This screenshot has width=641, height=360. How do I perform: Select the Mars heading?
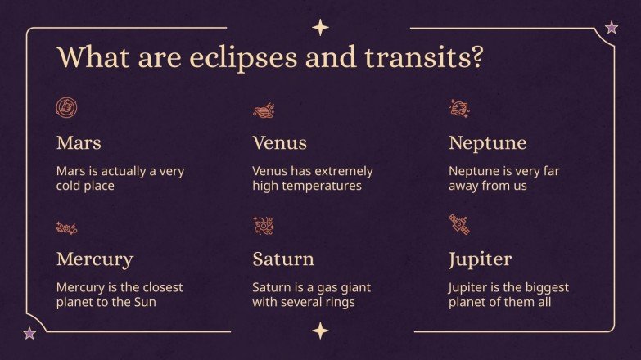[79, 143]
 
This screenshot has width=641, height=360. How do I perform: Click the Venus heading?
[279, 143]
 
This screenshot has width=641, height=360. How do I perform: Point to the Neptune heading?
[487, 143]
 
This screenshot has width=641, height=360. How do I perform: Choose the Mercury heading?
[94, 260]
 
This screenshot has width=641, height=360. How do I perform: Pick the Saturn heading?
[282, 260]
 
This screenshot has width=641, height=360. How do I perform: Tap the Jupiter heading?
[480, 260]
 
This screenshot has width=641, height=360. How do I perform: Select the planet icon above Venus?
[263, 109]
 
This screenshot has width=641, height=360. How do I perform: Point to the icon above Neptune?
[458, 108]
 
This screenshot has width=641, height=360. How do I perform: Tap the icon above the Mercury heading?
[66, 227]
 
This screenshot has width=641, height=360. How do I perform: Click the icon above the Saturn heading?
[263, 226]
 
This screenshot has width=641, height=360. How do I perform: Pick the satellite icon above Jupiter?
[458, 225]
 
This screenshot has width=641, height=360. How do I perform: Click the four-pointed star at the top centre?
[320, 29]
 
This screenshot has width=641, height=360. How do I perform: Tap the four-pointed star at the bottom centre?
[320, 331]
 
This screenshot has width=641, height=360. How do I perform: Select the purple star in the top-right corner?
[611, 29]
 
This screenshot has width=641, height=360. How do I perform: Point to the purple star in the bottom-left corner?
[30, 332]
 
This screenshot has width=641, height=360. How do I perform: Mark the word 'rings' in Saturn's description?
[338, 302]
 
